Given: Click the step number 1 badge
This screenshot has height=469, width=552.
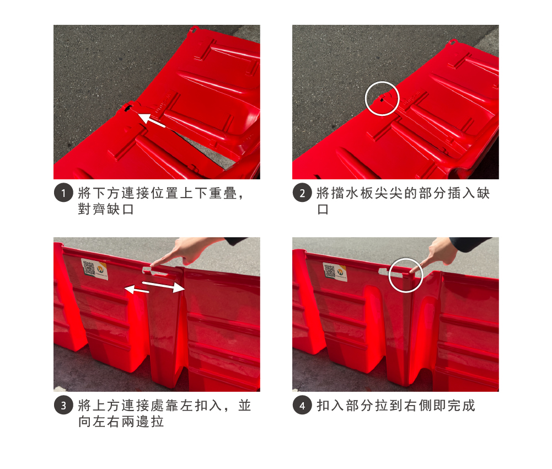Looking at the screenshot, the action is pos(63,193).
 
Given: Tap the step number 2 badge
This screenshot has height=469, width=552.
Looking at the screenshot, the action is pos(302,193).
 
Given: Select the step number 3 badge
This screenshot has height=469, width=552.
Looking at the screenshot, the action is pos(63,405).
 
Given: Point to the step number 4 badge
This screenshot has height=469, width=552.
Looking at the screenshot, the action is pos(302,405).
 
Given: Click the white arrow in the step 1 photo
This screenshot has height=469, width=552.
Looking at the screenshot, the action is pos(151,120).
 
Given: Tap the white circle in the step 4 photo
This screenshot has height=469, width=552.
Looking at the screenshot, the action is pos(389,275).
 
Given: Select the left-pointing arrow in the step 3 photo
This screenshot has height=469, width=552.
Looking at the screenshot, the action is pos(137,290).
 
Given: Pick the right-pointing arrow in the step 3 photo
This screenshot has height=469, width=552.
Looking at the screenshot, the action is pos(164,286).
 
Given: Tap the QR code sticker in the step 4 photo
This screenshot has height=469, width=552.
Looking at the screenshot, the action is pos(334,271).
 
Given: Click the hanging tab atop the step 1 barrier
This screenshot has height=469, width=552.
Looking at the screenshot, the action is pos(193,29).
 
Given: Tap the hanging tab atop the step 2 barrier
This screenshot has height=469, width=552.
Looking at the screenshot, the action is pos(452,43).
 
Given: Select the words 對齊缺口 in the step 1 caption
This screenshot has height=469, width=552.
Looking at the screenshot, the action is pos(106,209).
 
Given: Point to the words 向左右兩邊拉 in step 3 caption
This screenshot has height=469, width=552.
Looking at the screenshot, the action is pos(121,422).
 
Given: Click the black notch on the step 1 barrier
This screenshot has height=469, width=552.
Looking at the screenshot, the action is pos(128,108).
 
